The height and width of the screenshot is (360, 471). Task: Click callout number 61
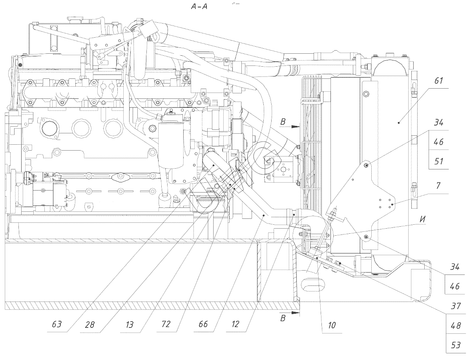(439, 82)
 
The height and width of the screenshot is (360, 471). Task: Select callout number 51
(439, 161)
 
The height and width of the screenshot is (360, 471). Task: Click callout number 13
(130, 324)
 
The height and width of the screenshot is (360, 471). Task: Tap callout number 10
(332, 325)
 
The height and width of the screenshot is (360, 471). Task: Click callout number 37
(456, 306)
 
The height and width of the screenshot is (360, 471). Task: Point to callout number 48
(456, 325)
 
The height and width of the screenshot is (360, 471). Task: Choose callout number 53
(456, 345)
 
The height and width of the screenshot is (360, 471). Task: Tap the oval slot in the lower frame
(314, 283)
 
